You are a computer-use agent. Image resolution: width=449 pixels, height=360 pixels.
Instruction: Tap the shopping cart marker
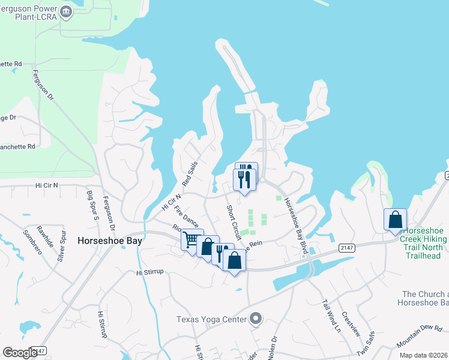click(x=191, y=240)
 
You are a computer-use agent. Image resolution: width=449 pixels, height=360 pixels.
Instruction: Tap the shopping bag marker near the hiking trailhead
click(x=396, y=220)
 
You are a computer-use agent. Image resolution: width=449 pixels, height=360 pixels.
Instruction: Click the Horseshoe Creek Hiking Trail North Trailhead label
click(x=425, y=243)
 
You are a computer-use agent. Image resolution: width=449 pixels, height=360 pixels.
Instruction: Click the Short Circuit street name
click(x=234, y=221)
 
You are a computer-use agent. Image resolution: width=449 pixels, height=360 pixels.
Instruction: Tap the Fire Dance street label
click(x=186, y=217)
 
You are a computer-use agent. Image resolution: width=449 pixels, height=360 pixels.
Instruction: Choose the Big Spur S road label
click(x=92, y=205)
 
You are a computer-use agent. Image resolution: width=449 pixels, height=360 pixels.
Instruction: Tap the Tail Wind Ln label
click(x=331, y=316)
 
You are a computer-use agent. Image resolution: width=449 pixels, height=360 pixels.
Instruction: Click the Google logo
click(x=20, y=353)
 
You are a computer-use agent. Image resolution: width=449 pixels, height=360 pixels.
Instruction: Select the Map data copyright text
click(x=423, y=355)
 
